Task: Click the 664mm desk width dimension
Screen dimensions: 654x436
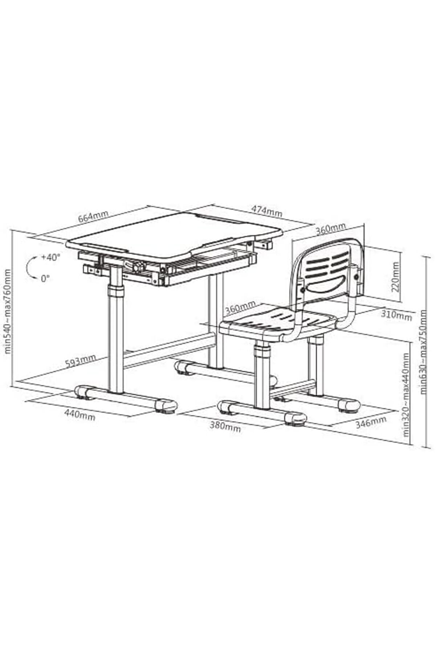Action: (x=93, y=218)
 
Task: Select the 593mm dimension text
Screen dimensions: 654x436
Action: (x=81, y=361)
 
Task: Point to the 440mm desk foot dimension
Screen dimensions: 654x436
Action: (x=80, y=414)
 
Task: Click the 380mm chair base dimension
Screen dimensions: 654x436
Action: (x=225, y=426)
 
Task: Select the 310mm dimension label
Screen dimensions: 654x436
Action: (x=396, y=316)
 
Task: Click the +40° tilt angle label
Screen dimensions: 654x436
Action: (x=51, y=257)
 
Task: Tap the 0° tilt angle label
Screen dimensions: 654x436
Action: (x=45, y=279)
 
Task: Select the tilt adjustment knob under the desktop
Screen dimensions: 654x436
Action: (x=137, y=267)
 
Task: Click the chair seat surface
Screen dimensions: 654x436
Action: (x=280, y=320)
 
